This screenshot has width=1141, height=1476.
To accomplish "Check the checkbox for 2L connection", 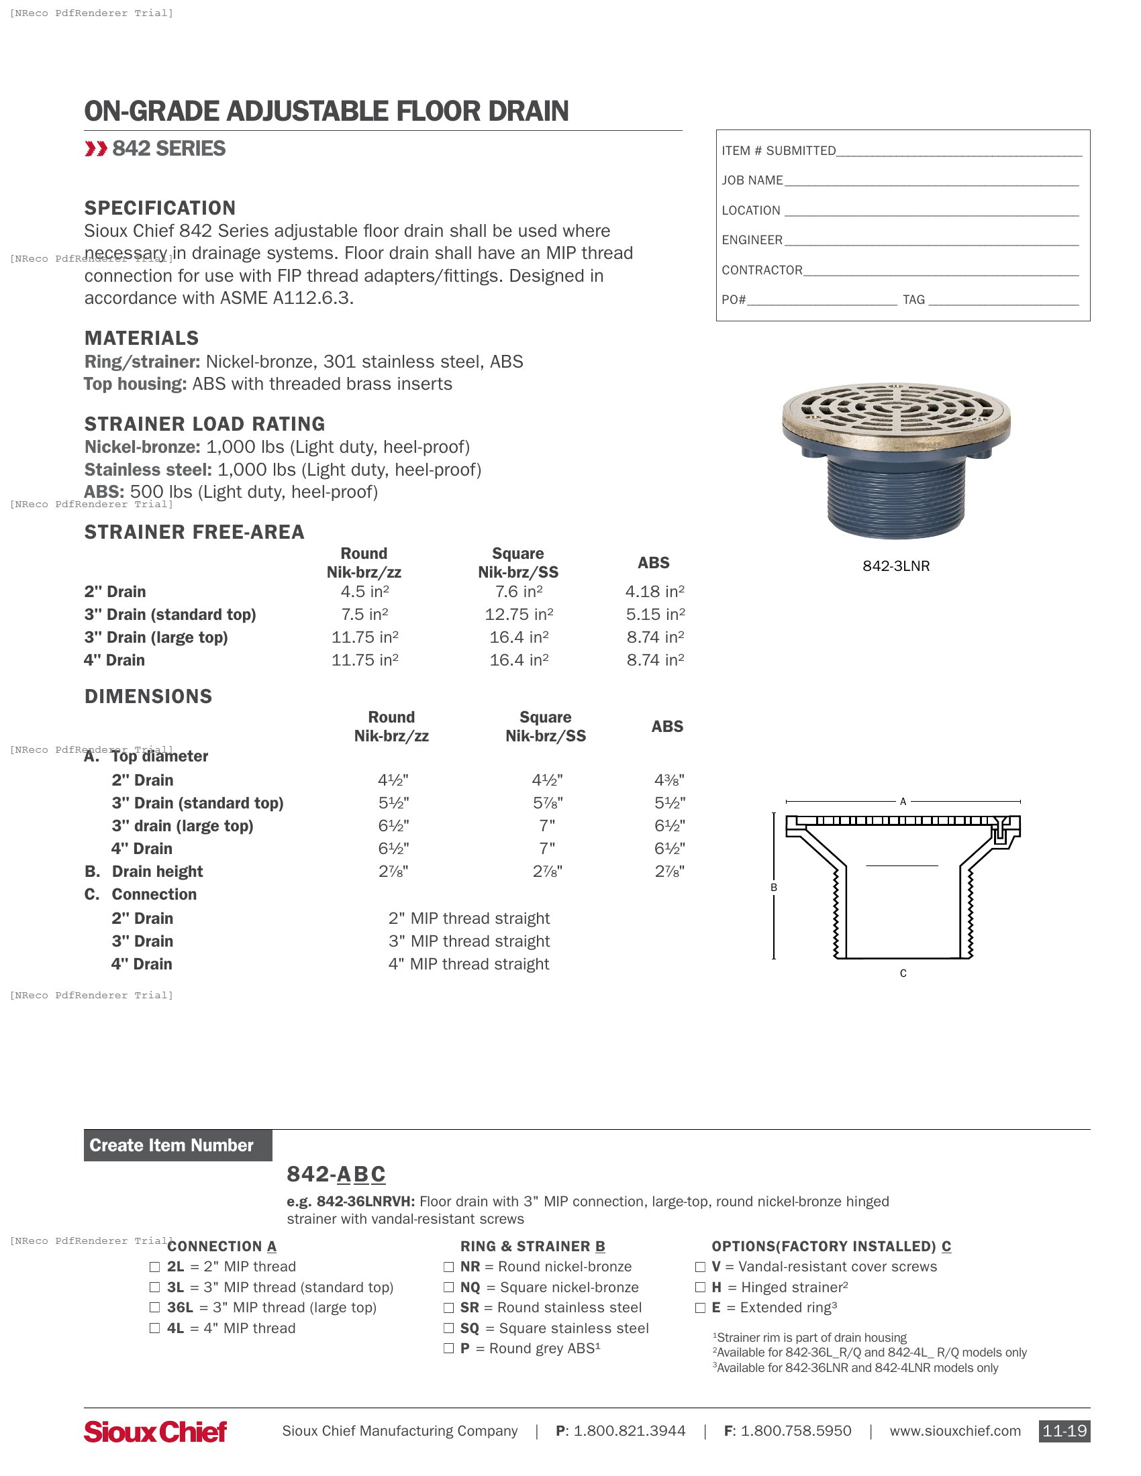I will pos(155,1267).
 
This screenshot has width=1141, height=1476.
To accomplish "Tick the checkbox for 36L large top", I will pos(155,1308).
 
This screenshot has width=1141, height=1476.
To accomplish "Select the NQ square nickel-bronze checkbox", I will pos(448,1287).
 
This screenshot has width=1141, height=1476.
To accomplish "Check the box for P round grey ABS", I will pos(448,1349).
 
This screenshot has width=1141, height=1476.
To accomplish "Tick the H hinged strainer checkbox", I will pos(700,1287).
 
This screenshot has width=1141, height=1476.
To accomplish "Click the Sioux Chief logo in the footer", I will pos(155,1432).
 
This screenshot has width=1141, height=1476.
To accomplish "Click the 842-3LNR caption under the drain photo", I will pos(895,566).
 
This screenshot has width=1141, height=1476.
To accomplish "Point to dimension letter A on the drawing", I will pos(902,802).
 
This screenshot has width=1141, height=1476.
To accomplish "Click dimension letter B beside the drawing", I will pos(774,888).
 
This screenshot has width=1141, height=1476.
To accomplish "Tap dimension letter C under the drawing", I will pos(903,973).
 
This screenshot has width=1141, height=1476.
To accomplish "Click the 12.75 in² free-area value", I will pos(518,615).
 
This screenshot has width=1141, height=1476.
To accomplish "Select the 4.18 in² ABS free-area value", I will pos(654,592).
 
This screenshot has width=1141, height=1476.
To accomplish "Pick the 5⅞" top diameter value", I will pos(547,803).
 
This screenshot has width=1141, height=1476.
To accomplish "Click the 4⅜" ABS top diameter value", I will pos(669,780).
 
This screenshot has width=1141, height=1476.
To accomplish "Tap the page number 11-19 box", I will pos(1064,1431).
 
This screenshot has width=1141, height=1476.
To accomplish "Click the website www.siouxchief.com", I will pos(954,1431).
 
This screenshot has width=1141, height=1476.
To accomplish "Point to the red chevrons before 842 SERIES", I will pos(96,149).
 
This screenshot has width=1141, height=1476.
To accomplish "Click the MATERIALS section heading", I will pos(141,338).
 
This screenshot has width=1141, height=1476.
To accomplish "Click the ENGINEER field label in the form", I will pos(752,240).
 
